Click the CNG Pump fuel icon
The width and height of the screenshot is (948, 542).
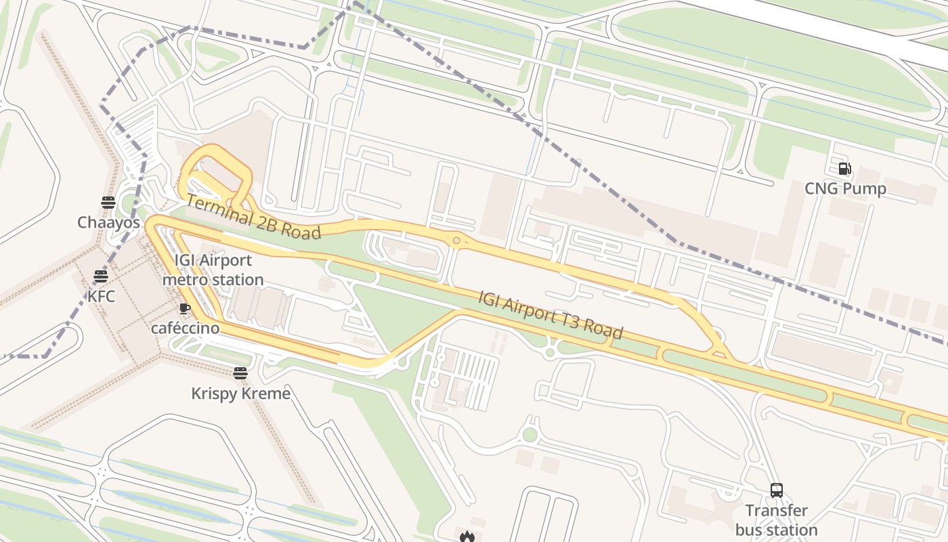coord(844,169)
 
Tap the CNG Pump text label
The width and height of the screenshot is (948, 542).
coord(845,188)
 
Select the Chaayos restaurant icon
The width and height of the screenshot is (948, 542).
coord(108,202)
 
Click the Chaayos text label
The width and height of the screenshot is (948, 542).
coord(108,222)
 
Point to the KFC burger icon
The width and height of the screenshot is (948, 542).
coord(101,276)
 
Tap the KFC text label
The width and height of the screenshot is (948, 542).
coord(101,296)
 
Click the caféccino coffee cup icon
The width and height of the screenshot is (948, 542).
coord(184,308)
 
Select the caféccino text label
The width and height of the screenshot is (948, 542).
coord(185,328)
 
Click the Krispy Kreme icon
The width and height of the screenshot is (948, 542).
coord(240,373)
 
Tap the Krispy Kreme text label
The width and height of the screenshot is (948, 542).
coord(240,394)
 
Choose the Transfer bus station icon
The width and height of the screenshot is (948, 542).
coord(777,491)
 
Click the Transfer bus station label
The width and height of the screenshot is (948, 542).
coord(777,520)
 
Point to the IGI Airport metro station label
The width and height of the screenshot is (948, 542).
coord(213,270)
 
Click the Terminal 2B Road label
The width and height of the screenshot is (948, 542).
coord(253,217)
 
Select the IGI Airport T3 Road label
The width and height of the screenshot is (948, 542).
coord(551,315)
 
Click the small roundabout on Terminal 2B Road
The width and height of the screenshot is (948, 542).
coord(457,240)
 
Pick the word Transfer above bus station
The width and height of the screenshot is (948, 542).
coord(777,510)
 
